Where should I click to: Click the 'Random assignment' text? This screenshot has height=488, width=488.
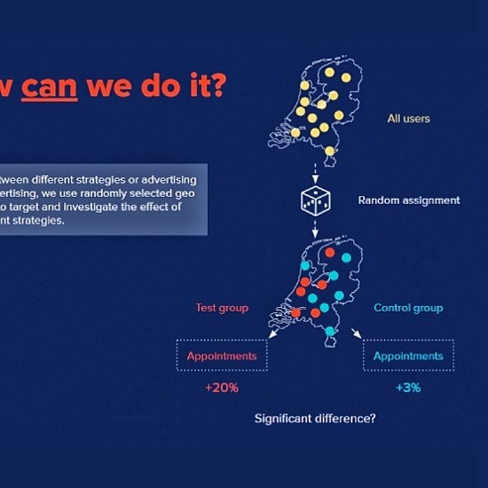(x=409, y=201)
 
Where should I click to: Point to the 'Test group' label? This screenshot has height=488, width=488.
(x=222, y=308)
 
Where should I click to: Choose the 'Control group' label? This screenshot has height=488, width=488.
(x=408, y=308)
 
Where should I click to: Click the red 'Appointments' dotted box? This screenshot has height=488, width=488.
(x=221, y=356)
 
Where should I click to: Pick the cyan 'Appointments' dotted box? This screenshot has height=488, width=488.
(x=408, y=356)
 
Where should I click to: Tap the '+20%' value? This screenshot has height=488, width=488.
(x=220, y=388)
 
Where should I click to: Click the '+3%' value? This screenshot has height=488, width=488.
(x=408, y=388)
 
